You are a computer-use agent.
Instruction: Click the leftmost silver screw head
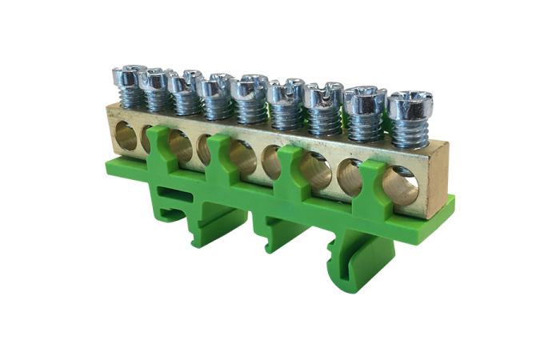[129, 75]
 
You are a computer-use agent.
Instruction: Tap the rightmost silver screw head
[410, 101]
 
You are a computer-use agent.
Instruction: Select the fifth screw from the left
[249, 84]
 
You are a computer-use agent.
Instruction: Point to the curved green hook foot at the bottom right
[341, 261]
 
